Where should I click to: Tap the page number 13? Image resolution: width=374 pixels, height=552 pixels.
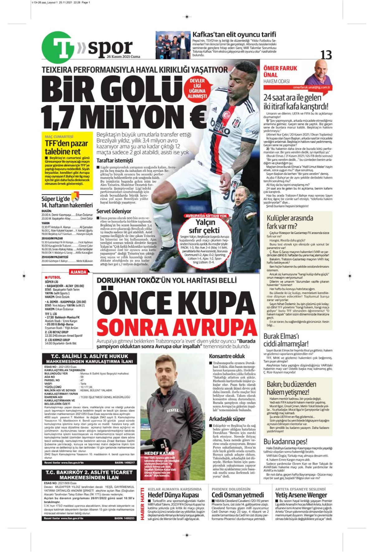coord(326,55)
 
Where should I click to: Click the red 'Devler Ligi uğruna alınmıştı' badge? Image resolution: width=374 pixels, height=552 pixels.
coord(197,89)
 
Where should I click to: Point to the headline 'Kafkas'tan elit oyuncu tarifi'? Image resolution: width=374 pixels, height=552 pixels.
coord(234,35)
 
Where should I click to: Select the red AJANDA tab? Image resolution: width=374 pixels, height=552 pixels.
coord(78,272)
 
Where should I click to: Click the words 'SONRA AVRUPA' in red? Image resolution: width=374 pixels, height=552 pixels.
coord(177,327)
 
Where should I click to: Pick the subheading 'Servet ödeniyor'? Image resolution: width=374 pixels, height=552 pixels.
coord(114,211)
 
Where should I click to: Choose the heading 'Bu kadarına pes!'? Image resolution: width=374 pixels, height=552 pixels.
coord(285,441)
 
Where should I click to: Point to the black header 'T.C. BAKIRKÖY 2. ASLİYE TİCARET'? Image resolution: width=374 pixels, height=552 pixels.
coord(89,472)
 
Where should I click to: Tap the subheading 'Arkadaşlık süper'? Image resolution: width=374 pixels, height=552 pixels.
coord(227,419)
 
